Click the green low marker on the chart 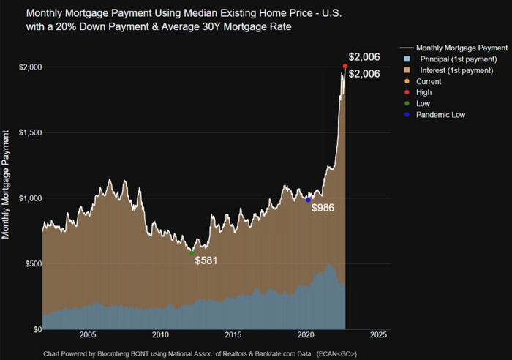192,253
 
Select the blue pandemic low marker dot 309,200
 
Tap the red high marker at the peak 345,67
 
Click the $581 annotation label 207,260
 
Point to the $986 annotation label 323,208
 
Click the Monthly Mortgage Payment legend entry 451,48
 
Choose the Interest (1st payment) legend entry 453,70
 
